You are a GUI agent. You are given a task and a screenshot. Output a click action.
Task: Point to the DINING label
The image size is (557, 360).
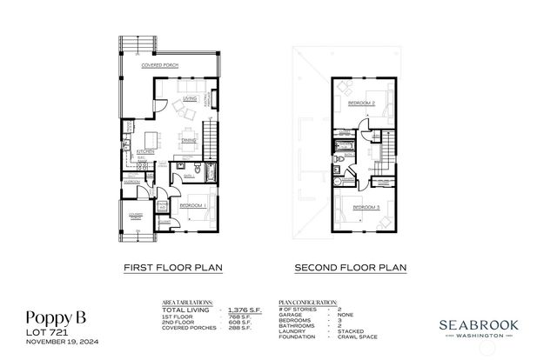point(188,140)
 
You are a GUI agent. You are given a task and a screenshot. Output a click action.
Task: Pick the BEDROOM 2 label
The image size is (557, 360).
point(361,103)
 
